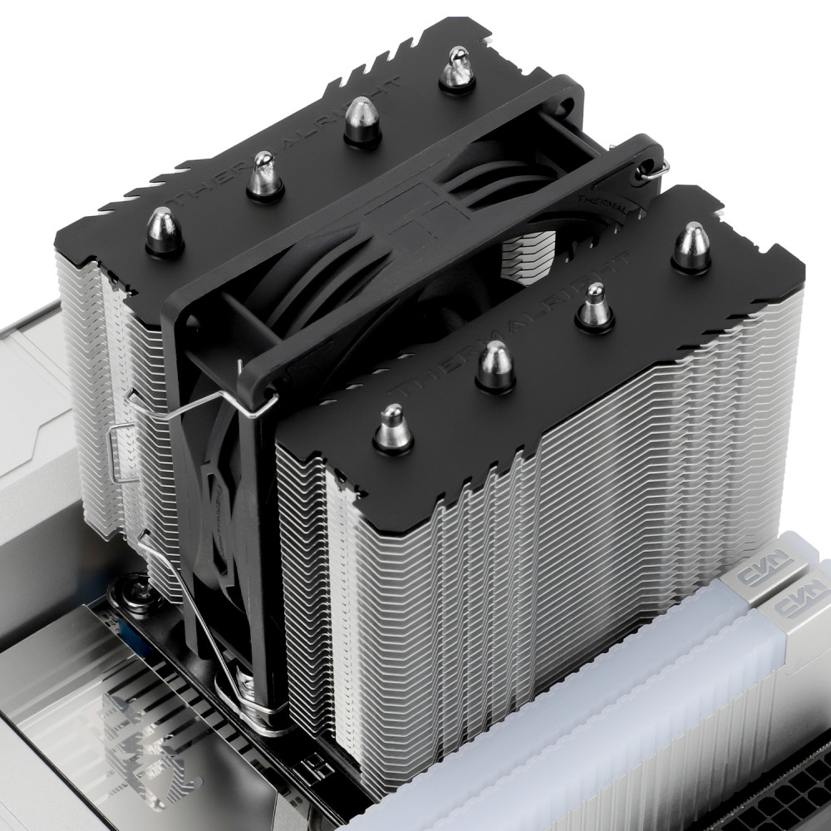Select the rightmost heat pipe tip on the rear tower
point(456,68)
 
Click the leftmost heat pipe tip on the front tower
point(392,428)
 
